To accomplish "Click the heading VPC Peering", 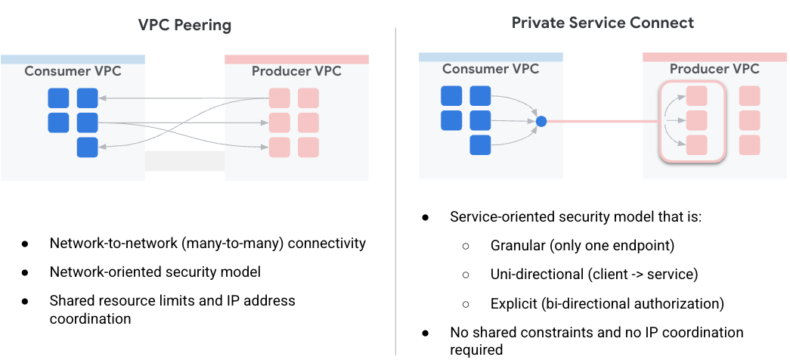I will [x=184, y=25].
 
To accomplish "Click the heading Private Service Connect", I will [x=603, y=23].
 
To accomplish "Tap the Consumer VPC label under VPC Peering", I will [x=73, y=71].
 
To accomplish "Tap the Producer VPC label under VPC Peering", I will [x=296, y=71].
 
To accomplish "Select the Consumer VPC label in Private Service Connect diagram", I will [x=491, y=69].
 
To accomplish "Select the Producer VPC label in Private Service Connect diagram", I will [x=714, y=69].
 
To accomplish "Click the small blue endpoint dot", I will [x=541, y=121].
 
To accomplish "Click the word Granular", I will [x=519, y=246].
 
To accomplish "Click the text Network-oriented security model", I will [x=156, y=272].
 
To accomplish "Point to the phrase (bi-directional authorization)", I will [x=633, y=303].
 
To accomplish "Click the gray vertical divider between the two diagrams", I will [x=395, y=189].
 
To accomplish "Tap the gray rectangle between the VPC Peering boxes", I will [x=184, y=161].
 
